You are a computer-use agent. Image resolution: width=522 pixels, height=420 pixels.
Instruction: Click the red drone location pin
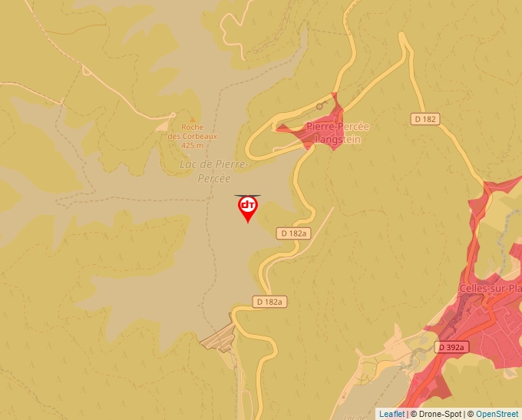pyautogui.click(x=248, y=208)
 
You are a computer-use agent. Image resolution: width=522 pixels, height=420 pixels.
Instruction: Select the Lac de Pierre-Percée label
pyautogui.click(x=213, y=170)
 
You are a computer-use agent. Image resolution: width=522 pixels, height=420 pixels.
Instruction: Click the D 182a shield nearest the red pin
pyautogui.click(x=293, y=233)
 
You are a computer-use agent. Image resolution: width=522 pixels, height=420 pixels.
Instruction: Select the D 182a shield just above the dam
pyautogui.click(x=269, y=302)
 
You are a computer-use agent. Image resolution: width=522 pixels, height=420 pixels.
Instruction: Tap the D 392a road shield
pyautogui.click(x=451, y=347)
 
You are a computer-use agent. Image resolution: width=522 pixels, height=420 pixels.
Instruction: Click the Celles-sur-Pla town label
pyautogui.click(x=490, y=289)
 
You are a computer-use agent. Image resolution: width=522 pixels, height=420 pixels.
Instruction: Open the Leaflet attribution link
pyautogui.click(x=391, y=414)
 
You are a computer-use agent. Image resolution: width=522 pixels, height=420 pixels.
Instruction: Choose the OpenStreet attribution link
pyautogui.click(x=497, y=414)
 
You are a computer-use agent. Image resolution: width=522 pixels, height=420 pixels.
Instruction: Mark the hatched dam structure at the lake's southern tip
pyautogui.click(x=219, y=338)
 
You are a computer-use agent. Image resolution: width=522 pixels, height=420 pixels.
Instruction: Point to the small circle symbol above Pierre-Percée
pyautogui.click(x=320, y=107)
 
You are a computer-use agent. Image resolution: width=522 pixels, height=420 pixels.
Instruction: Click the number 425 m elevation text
pyautogui.click(x=193, y=145)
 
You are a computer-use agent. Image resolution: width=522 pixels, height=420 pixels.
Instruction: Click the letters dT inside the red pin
pyautogui.click(x=248, y=204)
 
